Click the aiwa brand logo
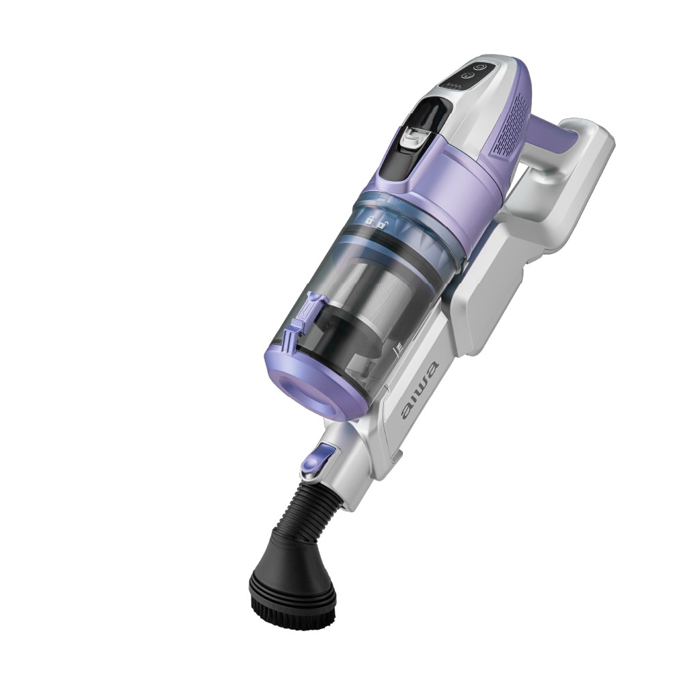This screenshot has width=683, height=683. point(420,390)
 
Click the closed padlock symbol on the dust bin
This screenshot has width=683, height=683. point(369,220)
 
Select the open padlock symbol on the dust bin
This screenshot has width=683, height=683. point(381,225)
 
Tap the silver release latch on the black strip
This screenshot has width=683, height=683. point(413,137)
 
